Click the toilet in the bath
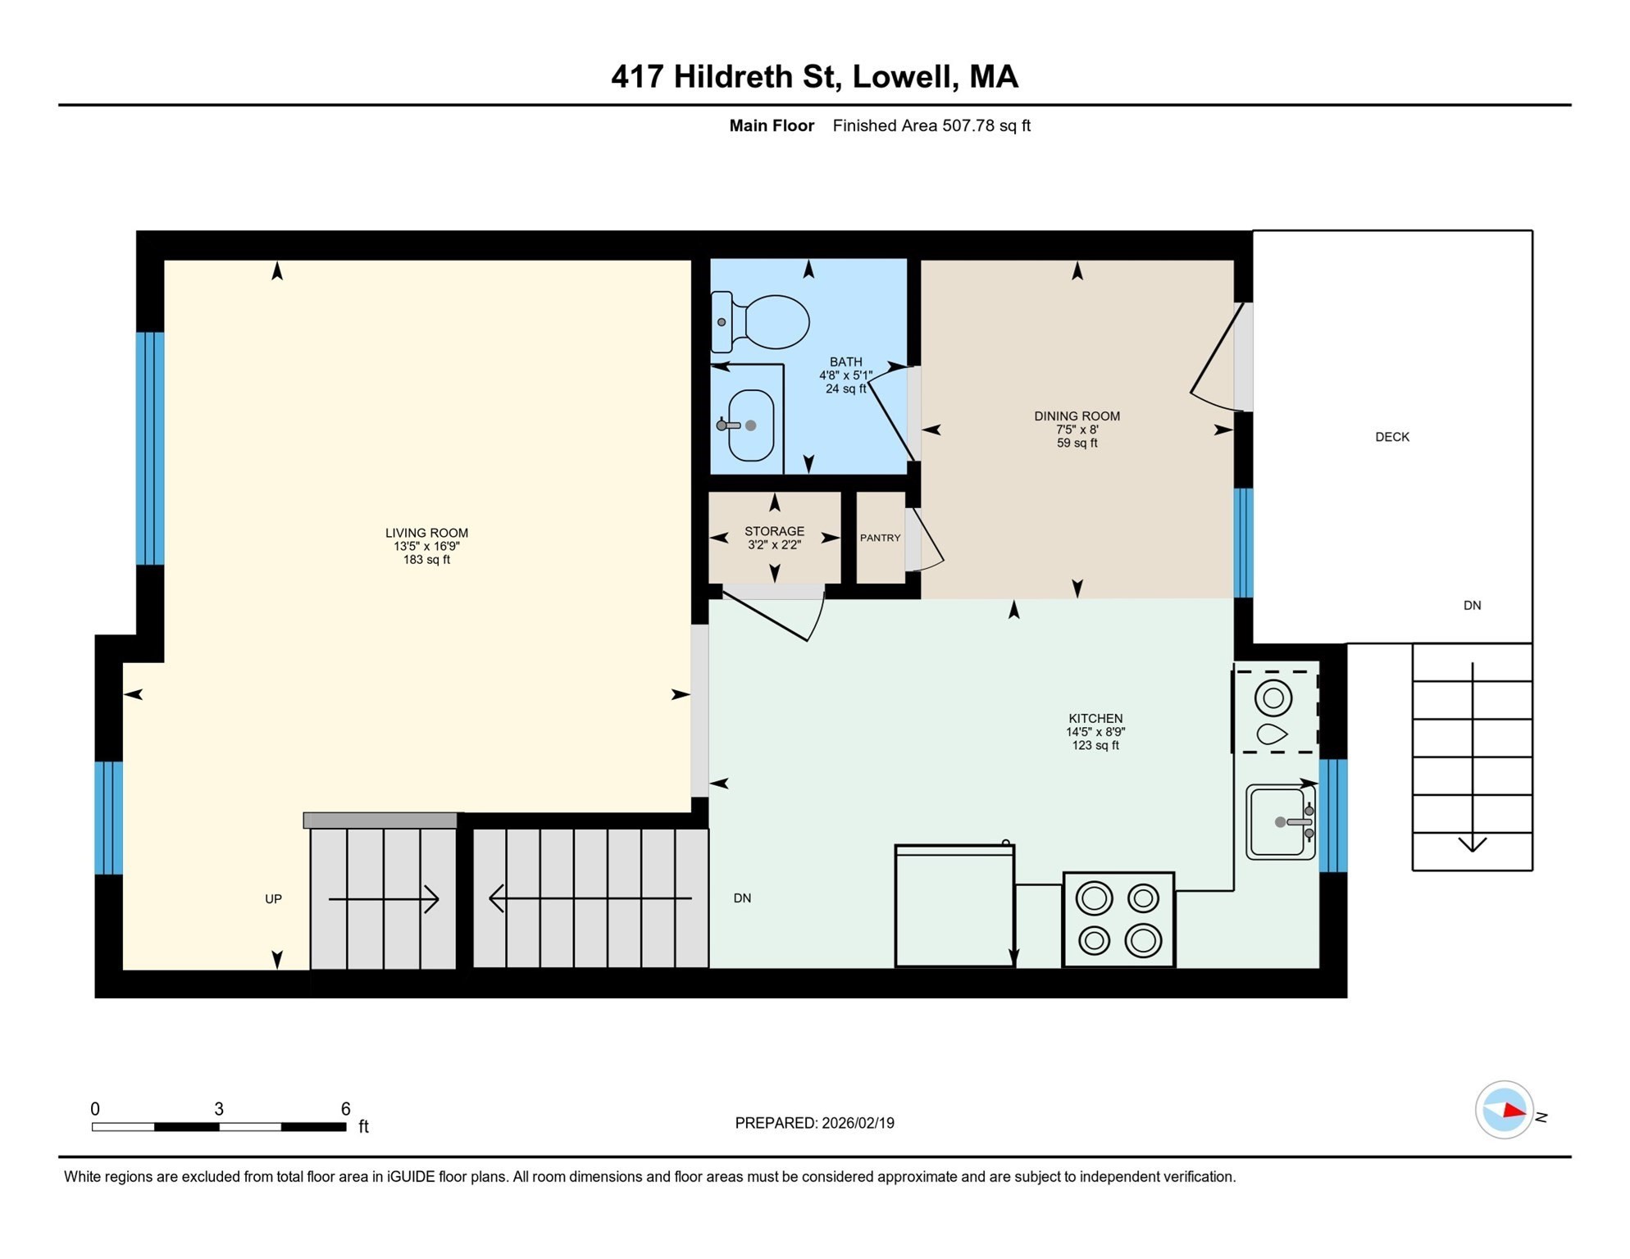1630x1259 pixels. pos(763,322)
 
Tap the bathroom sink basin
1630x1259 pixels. pos(751,425)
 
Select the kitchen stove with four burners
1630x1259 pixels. pos(1118,919)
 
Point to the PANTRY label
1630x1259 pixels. pos(880,538)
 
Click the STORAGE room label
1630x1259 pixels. pos(774,531)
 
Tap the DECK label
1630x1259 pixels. pos(1391,437)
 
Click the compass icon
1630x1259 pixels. pos(1503,1110)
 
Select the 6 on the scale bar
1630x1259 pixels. pos(345,1108)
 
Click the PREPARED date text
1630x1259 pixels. pos(813,1123)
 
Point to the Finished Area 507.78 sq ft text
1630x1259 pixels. pos(931,125)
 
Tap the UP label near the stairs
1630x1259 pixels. pos(273,899)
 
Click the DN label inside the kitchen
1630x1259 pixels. pos(742,898)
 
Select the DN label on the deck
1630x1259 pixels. pos(1472,606)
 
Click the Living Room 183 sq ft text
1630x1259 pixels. pos(426,560)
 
